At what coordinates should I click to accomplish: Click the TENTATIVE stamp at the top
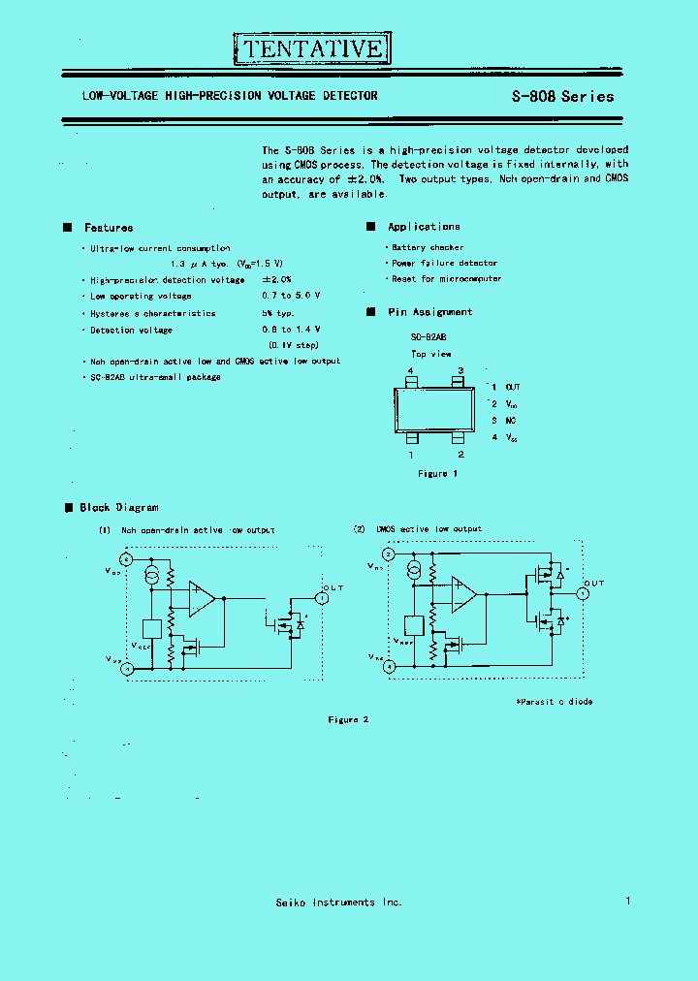point(313,47)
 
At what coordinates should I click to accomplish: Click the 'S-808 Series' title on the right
point(562,96)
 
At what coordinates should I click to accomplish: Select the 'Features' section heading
point(109,228)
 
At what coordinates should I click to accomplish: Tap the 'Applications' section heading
point(424,227)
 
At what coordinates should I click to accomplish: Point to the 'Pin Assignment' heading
point(429,312)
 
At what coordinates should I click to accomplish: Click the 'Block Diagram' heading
point(118,507)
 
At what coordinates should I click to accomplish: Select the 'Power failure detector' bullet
point(444,264)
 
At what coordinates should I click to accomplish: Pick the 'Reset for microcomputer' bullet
point(446,279)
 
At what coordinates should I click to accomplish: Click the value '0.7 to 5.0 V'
point(291,296)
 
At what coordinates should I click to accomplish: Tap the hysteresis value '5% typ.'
point(277,313)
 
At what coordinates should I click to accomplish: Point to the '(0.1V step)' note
point(293,345)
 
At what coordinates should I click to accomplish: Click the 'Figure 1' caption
point(437,473)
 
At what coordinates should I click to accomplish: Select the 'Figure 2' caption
point(349,719)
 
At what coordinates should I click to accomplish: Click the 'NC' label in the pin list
point(511,421)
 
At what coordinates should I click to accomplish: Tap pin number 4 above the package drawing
point(411,371)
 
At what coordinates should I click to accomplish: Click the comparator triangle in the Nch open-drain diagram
point(202,599)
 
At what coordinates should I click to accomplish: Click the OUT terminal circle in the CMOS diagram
point(583,593)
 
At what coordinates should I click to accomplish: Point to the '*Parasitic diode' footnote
point(554,701)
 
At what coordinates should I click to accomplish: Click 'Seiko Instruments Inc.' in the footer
point(338,902)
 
